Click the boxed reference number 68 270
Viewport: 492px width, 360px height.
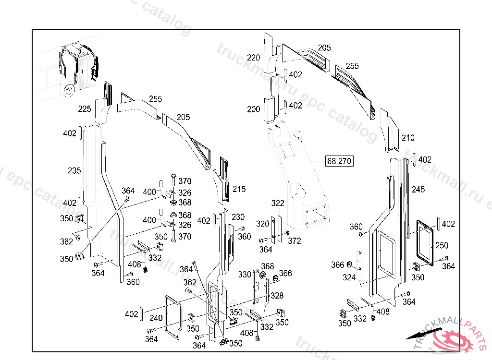click(339, 161)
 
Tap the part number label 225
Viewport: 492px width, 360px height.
click(85, 109)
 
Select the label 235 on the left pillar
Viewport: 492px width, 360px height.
click(74, 170)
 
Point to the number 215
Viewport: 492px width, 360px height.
click(239, 189)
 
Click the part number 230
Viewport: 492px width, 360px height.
click(238, 216)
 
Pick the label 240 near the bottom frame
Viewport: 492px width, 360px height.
click(156, 317)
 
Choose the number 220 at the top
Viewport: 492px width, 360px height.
click(254, 58)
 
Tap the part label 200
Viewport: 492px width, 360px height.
click(254, 109)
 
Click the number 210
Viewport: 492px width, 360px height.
click(408, 138)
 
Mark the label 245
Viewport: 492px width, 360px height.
click(418, 190)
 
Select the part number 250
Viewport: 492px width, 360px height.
click(442, 245)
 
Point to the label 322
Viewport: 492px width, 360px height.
click(278, 204)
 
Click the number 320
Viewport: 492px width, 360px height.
click(262, 224)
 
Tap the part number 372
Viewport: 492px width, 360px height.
click(295, 240)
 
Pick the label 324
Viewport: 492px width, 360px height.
click(349, 277)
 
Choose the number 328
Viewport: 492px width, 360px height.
click(277, 296)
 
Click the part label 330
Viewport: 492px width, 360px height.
click(245, 275)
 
